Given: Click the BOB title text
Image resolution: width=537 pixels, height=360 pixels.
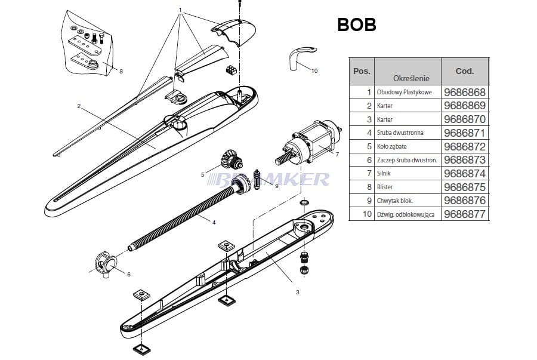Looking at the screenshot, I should (357, 24).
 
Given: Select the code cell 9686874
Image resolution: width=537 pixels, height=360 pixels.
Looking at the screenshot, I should (465, 173).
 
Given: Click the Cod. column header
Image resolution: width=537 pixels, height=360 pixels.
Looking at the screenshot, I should (464, 71).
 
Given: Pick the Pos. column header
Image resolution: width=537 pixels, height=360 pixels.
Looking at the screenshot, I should (362, 71).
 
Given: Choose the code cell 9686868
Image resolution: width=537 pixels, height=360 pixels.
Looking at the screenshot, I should (465, 93).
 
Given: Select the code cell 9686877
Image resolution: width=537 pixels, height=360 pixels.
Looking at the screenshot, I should (465, 214).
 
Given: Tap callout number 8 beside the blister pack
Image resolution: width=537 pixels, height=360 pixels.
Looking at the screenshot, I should (121, 72).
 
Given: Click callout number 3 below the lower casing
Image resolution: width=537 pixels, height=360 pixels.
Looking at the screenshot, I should (297, 292).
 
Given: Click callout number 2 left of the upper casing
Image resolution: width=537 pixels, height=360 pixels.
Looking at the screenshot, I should (79, 106).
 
